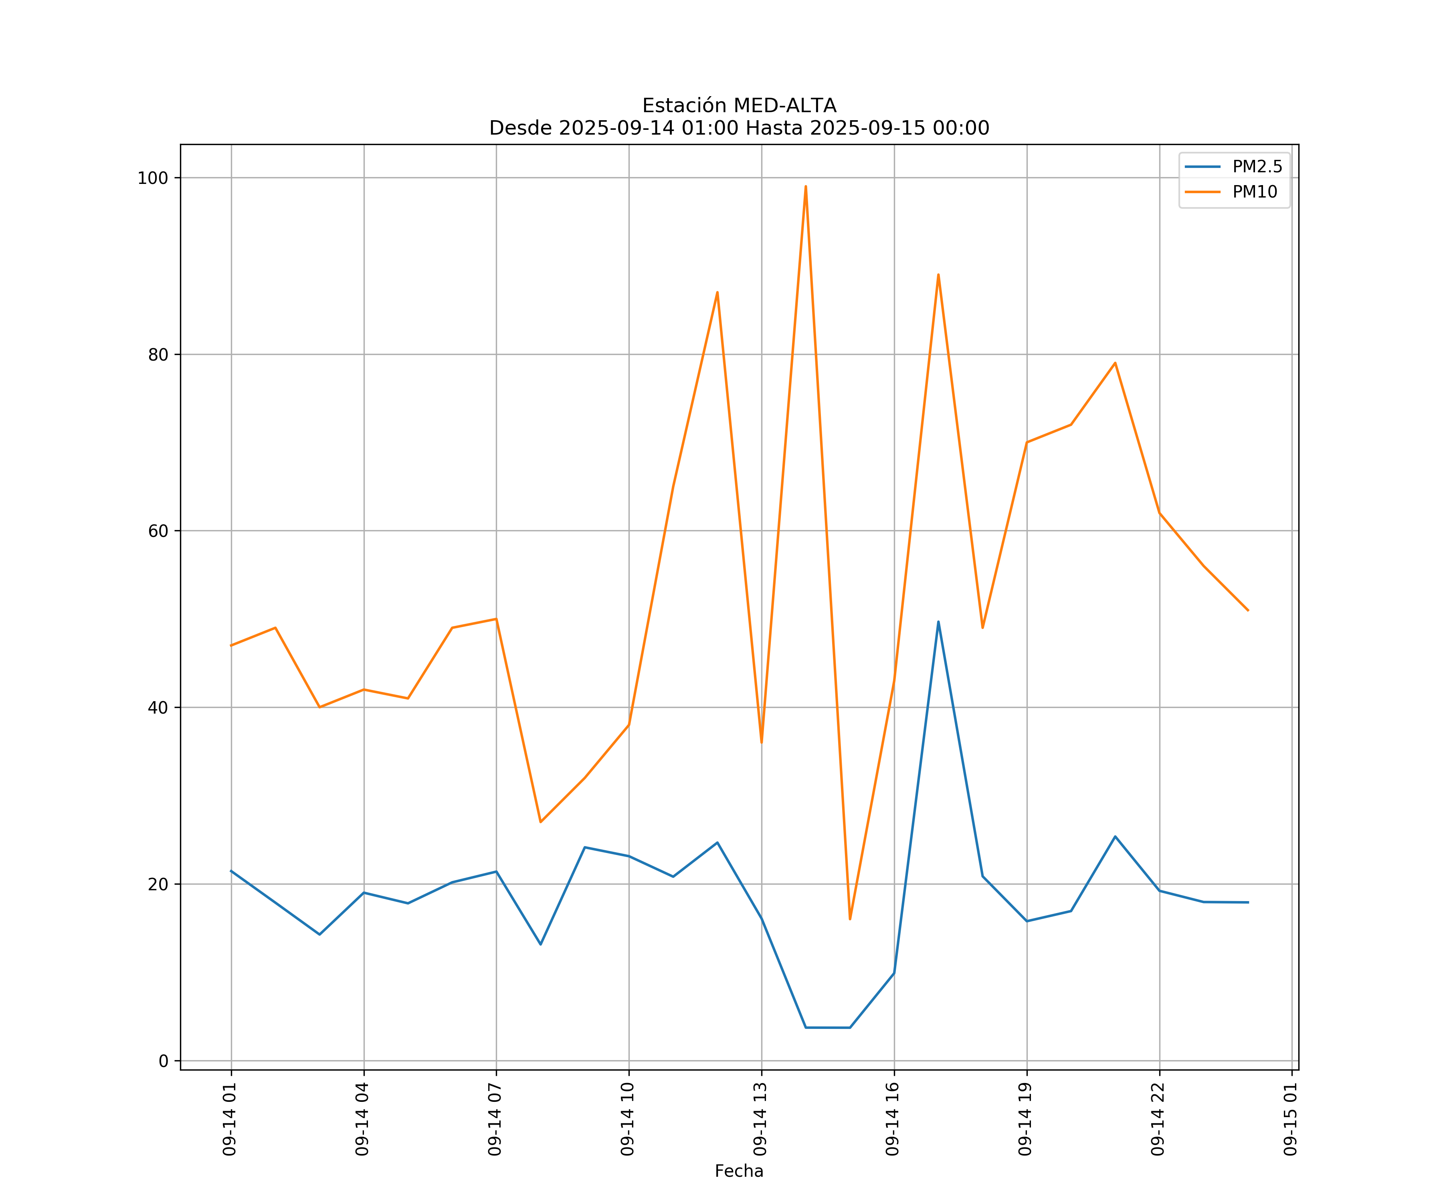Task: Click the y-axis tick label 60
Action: pos(158,531)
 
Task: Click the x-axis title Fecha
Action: pos(739,1171)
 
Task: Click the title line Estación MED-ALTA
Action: pos(739,106)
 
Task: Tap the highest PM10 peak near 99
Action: pos(805,186)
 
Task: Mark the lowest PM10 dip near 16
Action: pos(850,919)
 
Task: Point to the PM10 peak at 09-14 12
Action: pos(717,292)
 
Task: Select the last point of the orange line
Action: pos(1248,610)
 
